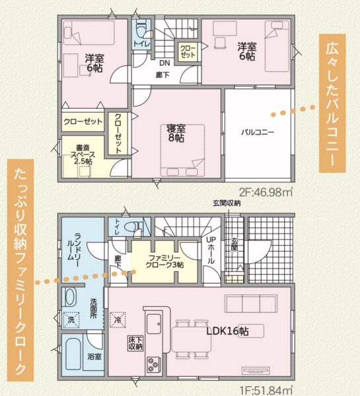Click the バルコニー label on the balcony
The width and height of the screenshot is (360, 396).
pyautogui.click(x=258, y=132)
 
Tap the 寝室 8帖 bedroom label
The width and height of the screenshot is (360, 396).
pyautogui.click(x=176, y=133)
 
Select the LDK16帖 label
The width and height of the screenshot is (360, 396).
pyautogui.click(x=227, y=331)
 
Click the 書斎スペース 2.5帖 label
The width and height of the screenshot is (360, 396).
pyautogui.click(x=83, y=154)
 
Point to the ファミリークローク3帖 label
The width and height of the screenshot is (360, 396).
pyautogui.click(x=164, y=261)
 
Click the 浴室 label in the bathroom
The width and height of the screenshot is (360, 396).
pyautogui.click(x=94, y=356)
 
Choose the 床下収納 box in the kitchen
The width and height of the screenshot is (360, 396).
pyautogui.click(x=135, y=343)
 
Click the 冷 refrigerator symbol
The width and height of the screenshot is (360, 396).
pyautogui.click(x=118, y=320)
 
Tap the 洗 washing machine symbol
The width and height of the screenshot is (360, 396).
pyautogui.click(x=71, y=320)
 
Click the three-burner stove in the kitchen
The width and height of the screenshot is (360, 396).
pyautogui.click(x=153, y=365)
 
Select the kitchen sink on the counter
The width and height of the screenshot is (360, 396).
pyautogui.click(x=154, y=324)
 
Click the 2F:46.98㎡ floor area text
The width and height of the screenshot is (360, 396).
pyautogui.click(x=266, y=192)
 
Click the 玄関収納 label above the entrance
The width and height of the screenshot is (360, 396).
pyautogui.click(x=227, y=203)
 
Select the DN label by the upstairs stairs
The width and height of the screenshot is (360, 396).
pyautogui.click(x=164, y=63)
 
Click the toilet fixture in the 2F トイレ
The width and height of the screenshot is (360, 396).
pyautogui.click(x=142, y=30)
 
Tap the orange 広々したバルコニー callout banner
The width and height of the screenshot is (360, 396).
pyautogui.click(x=332, y=104)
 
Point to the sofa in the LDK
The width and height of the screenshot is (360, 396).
pyautogui.click(x=252, y=304)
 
